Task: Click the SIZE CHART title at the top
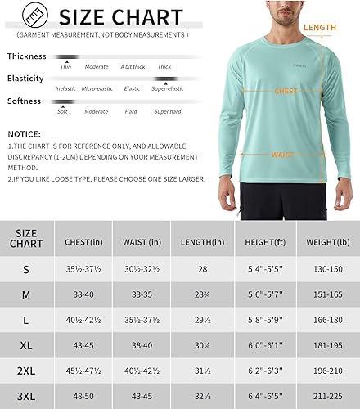tap(120, 17)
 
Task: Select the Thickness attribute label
tap(27, 56)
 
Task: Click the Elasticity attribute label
tap(26, 79)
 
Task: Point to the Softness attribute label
tap(26, 101)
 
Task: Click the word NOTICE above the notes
tap(25, 133)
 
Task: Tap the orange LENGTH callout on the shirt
tap(320, 28)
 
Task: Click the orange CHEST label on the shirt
tap(286, 92)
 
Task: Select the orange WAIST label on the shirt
tap(283, 153)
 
